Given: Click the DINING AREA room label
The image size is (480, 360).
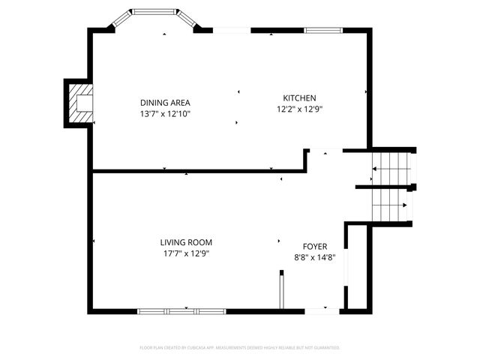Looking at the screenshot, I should [165, 103].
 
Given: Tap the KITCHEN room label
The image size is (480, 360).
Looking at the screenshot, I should [299, 98].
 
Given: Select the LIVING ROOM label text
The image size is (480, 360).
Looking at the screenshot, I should [186, 242].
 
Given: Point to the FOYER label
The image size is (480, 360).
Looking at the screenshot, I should [314, 246].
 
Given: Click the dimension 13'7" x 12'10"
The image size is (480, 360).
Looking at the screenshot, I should [165, 114].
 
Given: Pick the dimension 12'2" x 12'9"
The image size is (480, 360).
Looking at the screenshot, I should [299, 109].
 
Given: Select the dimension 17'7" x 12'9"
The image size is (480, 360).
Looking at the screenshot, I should [186, 253].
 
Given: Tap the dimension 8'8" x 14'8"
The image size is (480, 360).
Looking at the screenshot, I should [314, 257].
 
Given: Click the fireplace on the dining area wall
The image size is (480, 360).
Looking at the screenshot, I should [79, 103].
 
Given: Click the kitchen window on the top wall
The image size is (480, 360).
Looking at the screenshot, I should [322, 30].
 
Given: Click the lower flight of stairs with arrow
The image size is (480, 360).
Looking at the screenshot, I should [391, 204].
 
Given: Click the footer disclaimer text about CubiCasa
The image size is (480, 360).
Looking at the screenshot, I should [240, 348].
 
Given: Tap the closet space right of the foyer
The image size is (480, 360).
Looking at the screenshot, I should [358, 266].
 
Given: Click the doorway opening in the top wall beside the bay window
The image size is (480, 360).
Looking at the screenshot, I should [232, 30].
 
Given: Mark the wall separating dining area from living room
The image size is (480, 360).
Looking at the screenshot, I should [195, 171].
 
